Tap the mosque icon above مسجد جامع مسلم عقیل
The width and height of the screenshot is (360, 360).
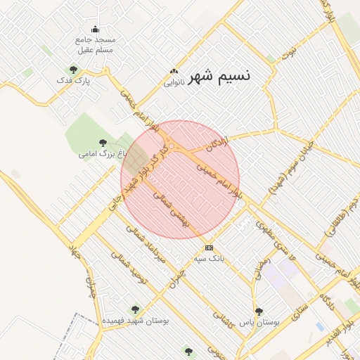coord(96,29)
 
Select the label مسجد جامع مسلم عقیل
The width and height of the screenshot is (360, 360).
coord(96,45)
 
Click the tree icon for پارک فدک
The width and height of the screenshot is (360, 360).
coord(73,70)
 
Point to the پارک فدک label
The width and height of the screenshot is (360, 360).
coord(74,81)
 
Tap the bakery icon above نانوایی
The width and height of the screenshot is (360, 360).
coord(174,72)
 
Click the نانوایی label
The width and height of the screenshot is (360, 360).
coord(174,82)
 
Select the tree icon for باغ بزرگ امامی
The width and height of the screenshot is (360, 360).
coord(103,143)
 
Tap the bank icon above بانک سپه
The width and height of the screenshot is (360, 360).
coord(209,247)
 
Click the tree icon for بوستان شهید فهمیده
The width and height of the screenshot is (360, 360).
coord(135,309)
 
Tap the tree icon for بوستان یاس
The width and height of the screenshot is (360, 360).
coord(259,311)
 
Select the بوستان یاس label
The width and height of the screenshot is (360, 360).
coord(259,322)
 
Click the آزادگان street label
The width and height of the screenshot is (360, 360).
coord(219,143)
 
